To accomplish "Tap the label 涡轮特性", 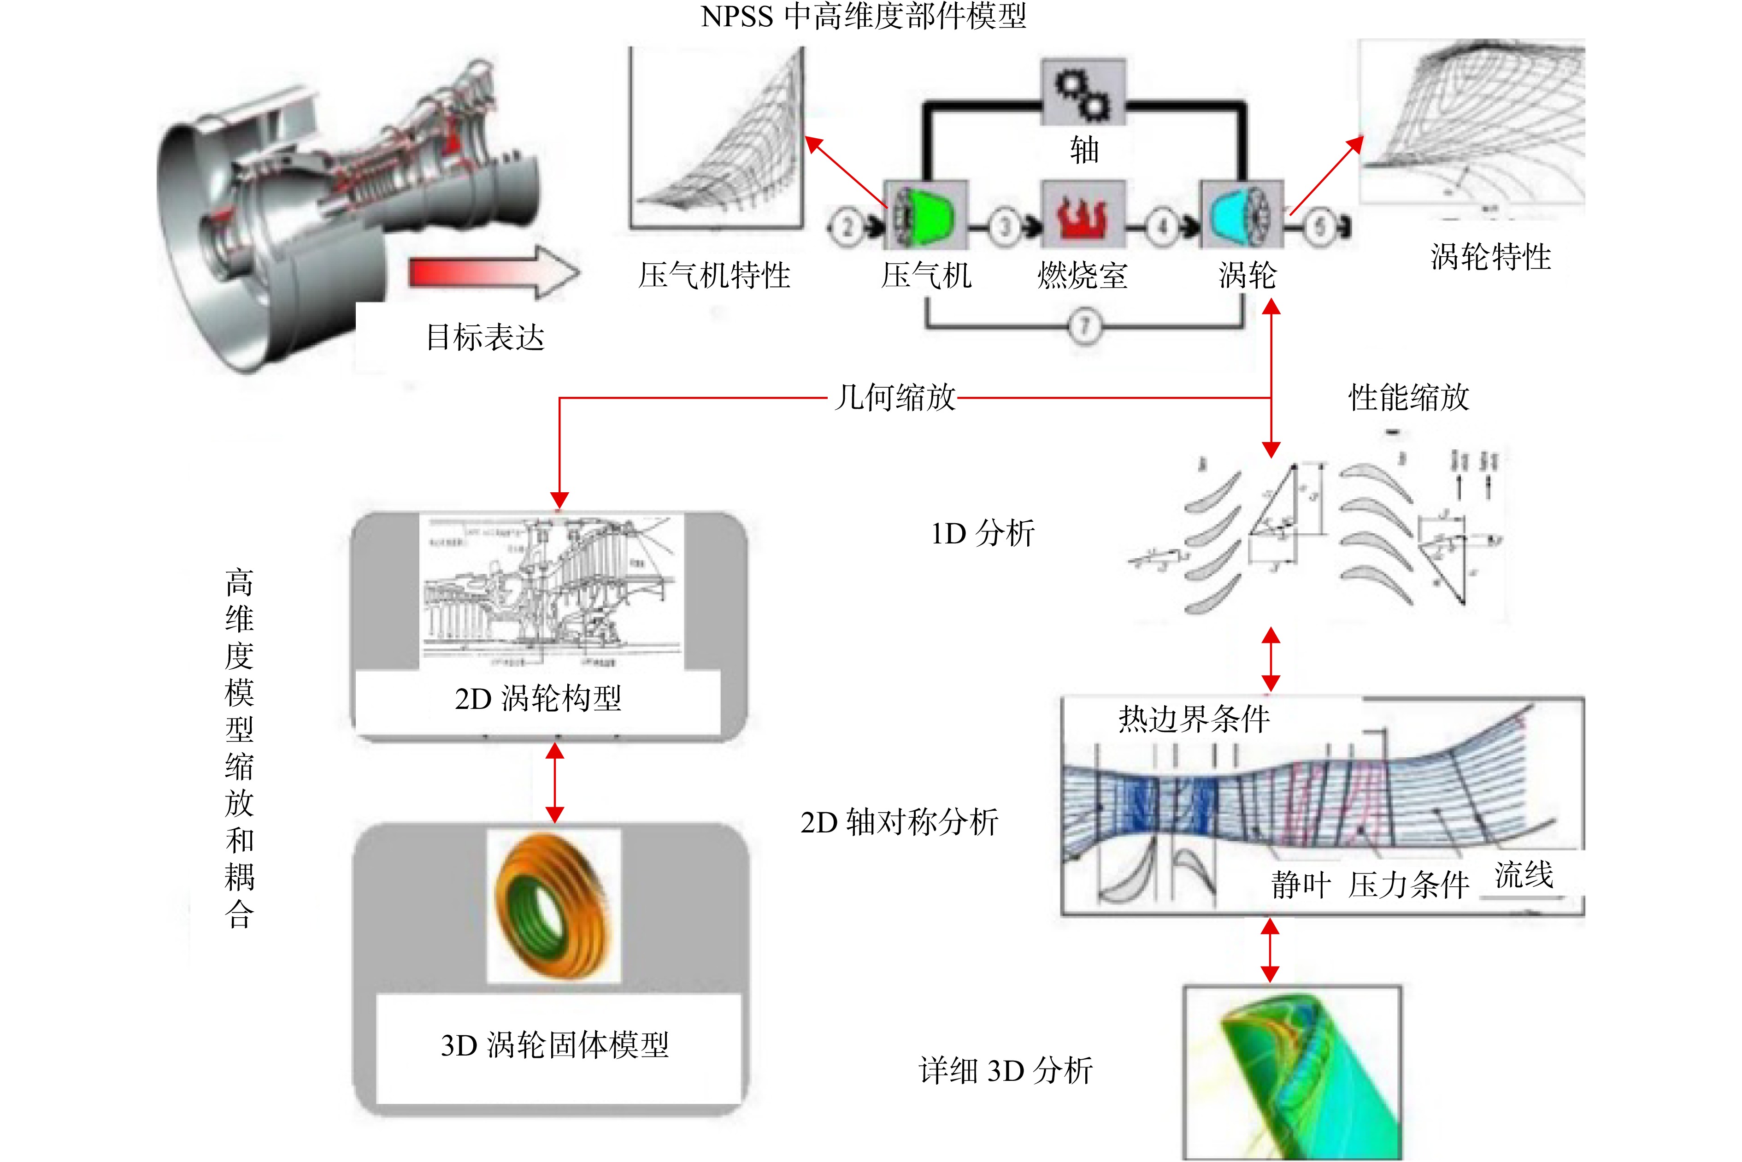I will (x=1491, y=257).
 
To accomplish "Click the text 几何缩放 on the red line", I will (x=895, y=397).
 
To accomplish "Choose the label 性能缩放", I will (x=1408, y=397).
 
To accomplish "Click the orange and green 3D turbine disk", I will (x=553, y=906).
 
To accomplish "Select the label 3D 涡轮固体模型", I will (x=554, y=1045).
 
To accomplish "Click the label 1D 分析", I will (x=983, y=533).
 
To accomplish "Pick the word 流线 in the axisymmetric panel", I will (x=1524, y=875).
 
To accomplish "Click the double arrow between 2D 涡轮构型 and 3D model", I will (x=555, y=783).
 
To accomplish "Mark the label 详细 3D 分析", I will (x=1006, y=1071).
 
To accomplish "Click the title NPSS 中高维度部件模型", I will (x=863, y=16).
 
